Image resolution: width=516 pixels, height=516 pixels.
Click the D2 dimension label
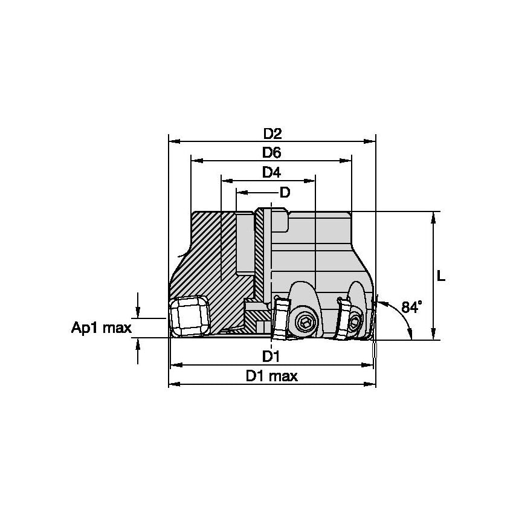(x=272, y=134)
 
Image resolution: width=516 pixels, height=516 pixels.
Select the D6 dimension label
(x=271, y=153)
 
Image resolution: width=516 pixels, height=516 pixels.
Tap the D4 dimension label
(x=271, y=172)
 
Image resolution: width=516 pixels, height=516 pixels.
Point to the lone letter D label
(x=285, y=192)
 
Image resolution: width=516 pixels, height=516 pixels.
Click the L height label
(x=441, y=276)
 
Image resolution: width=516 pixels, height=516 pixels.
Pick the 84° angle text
(x=410, y=308)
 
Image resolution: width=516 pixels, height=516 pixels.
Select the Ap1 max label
(x=101, y=328)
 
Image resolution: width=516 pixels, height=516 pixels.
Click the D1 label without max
(x=271, y=356)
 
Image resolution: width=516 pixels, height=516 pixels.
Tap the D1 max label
(x=271, y=376)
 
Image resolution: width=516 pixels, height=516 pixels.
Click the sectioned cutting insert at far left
(x=189, y=318)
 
